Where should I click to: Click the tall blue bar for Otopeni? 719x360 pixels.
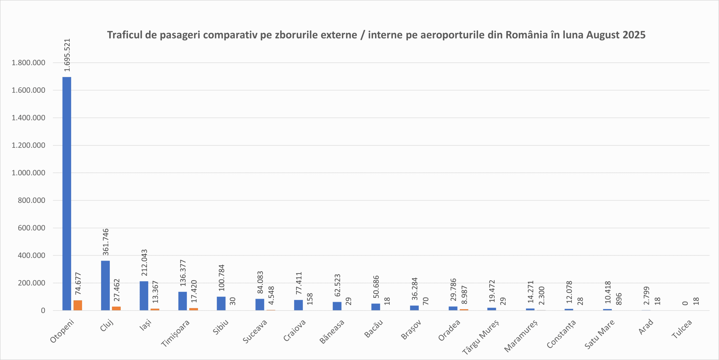(67, 194)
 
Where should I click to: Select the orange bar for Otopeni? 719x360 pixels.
(78, 305)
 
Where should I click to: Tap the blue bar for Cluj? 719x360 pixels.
(105, 286)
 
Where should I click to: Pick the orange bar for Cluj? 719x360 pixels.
(116, 309)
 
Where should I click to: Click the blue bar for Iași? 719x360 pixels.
(144, 296)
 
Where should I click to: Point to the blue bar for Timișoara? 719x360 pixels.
(183, 301)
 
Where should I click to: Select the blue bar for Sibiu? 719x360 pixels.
(221, 304)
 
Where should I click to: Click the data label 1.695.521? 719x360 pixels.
(67, 55)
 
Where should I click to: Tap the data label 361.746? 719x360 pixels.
(106, 242)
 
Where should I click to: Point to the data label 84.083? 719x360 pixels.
(260, 282)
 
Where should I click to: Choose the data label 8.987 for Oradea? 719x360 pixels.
(464, 295)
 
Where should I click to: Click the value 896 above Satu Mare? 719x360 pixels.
(619, 299)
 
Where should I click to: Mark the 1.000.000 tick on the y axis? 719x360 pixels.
(28, 173)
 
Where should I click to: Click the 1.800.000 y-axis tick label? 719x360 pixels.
(28, 63)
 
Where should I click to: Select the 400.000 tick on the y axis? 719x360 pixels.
(31, 255)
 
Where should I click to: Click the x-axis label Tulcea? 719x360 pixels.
(682, 329)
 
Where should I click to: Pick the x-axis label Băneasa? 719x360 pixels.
(332, 332)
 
